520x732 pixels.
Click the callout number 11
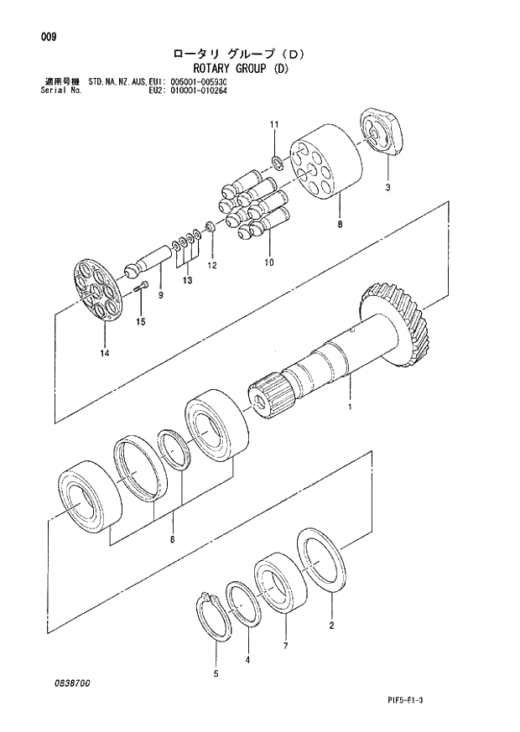[x=273, y=125]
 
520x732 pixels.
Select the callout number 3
[x=387, y=188]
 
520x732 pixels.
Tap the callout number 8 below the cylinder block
[x=339, y=225]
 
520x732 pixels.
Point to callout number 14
[x=105, y=352]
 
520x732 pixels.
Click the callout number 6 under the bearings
[x=172, y=540]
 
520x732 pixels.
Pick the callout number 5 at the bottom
[x=215, y=673]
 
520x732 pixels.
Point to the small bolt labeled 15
[x=142, y=288]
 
